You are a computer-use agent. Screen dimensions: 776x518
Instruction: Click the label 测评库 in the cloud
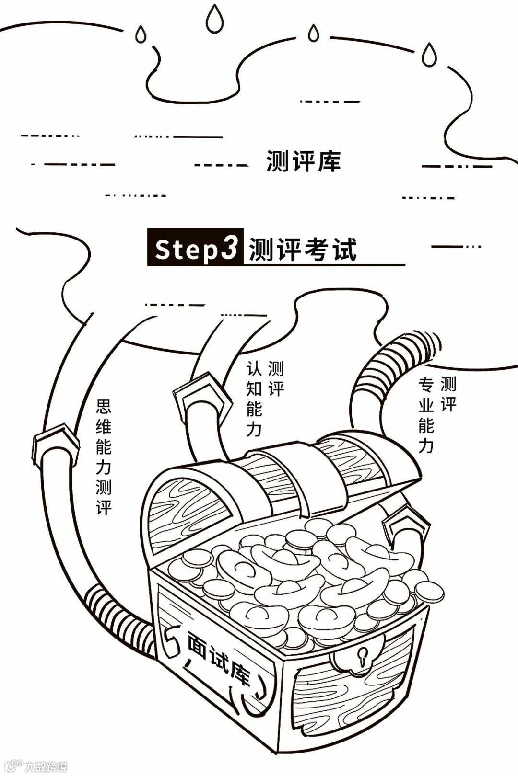(303, 161)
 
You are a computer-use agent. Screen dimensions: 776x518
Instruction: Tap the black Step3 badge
(196, 248)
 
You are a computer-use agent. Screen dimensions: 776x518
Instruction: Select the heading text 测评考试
(303, 249)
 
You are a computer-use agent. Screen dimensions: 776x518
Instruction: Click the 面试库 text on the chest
(219, 657)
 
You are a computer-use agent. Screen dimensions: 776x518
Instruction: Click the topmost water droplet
(214, 19)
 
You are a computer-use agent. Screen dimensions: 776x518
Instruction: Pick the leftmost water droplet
(141, 34)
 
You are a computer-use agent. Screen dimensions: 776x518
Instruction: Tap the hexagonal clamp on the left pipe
(57, 443)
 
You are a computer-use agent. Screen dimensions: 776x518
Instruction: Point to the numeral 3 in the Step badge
(230, 247)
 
